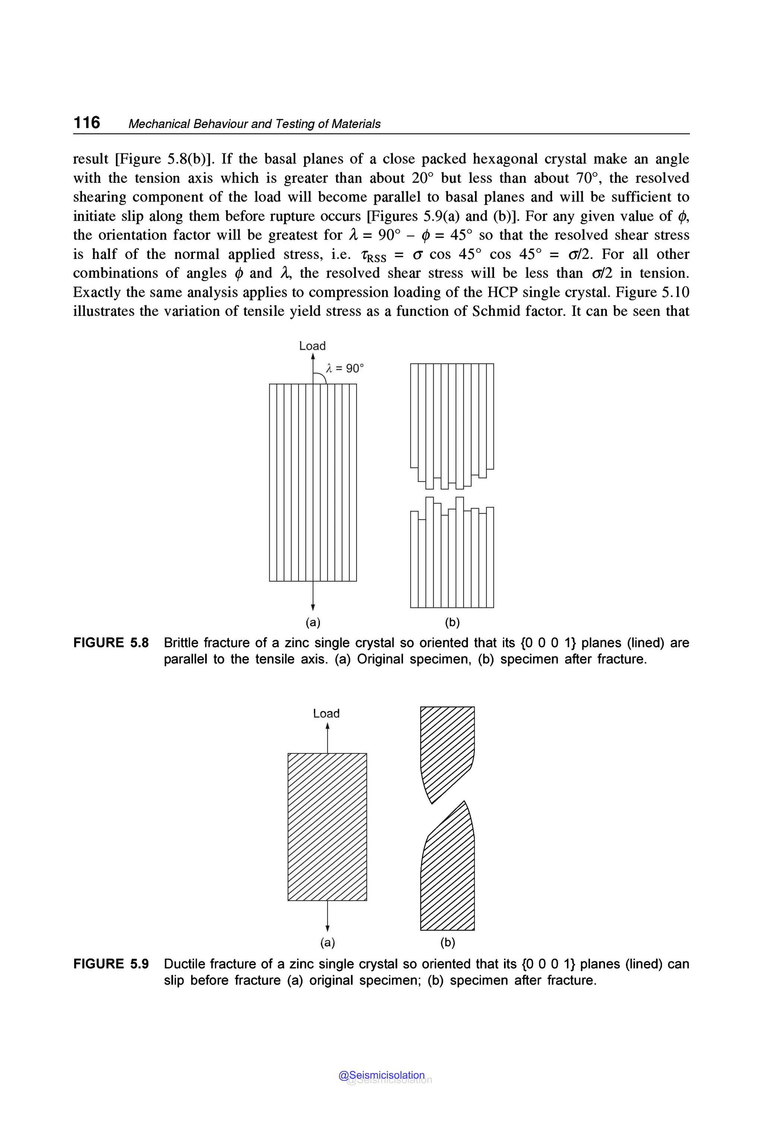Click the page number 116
[x=86, y=122]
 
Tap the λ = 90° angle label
[x=345, y=368]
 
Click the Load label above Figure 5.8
[x=313, y=346]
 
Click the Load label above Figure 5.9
[x=326, y=714]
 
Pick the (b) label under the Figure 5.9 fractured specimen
[x=447, y=942]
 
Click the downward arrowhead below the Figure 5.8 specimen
[x=313, y=607]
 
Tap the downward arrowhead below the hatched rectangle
[x=327, y=928]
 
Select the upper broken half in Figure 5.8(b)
[x=452, y=418]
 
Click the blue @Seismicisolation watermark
[x=381, y=1075]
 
